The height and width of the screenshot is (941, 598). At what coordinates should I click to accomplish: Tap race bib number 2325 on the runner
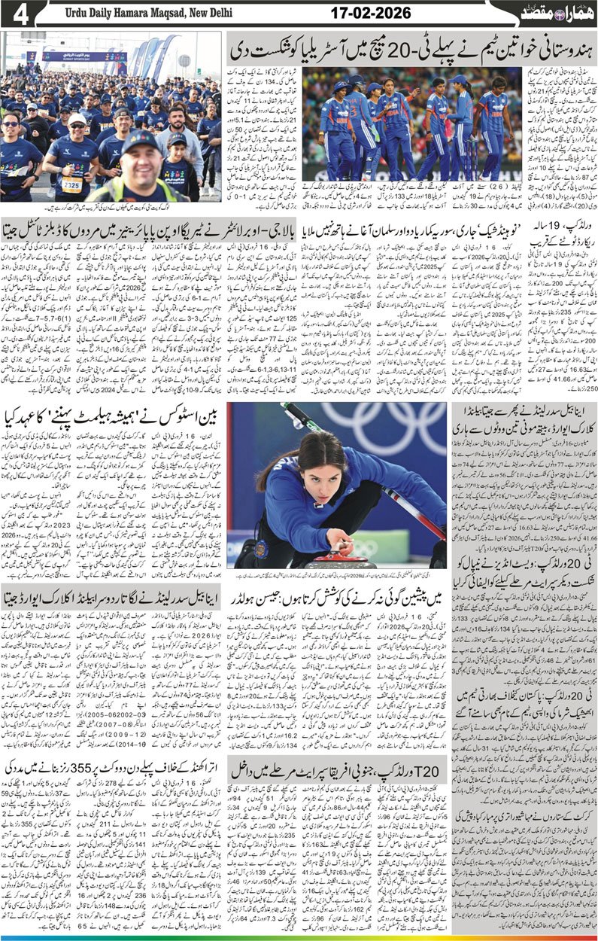coord(71,185)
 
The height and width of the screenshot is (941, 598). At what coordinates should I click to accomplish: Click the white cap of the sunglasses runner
coord(77,119)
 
